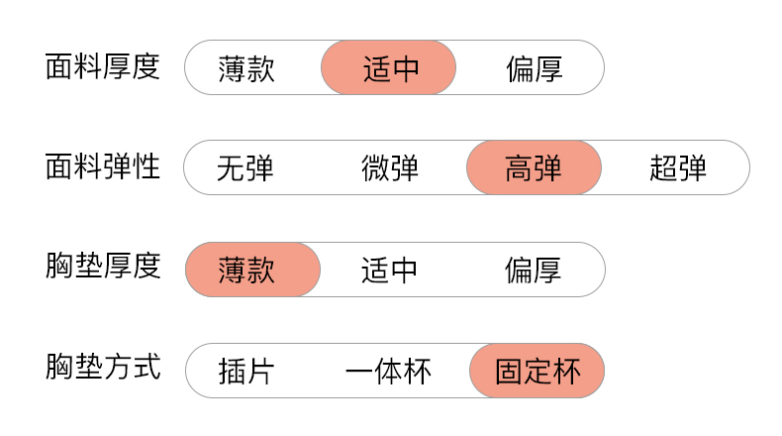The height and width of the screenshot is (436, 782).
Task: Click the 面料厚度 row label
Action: click(x=103, y=67)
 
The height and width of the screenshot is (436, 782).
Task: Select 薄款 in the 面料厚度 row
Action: click(x=246, y=68)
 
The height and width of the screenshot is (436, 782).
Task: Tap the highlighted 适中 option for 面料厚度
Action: click(x=389, y=68)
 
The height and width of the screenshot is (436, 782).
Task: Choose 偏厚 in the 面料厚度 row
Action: click(x=534, y=68)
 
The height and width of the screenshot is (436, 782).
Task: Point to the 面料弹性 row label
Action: click(x=103, y=167)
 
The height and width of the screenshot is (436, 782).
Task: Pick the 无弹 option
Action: click(x=244, y=168)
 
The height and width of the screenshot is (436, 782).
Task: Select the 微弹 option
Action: click(x=389, y=168)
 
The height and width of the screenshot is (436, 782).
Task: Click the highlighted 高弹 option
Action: click(x=534, y=168)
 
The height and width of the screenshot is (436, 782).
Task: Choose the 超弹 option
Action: click(x=678, y=168)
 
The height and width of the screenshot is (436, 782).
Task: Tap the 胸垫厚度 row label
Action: click(x=103, y=268)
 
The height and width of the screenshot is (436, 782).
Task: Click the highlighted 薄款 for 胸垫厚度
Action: click(x=246, y=270)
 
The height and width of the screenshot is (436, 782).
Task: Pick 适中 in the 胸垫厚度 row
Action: click(x=389, y=270)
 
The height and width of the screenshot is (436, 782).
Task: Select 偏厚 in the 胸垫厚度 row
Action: click(x=534, y=270)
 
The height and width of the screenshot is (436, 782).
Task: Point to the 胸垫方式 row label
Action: click(x=103, y=369)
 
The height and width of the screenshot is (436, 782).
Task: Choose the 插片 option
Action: click(x=246, y=372)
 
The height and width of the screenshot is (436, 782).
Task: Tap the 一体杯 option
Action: click(x=389, y=372)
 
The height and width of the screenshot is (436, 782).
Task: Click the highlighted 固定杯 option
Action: click(x=537, y=372)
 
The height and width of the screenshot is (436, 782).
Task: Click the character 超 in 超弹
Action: click(x=663, y=168)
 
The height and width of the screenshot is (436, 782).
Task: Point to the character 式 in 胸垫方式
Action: click(x=147, y=369)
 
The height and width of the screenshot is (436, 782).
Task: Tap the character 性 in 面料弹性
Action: click(x=147, y=167)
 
